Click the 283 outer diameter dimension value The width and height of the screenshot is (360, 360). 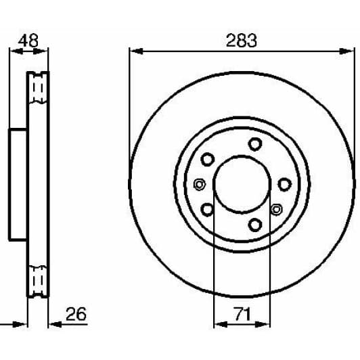[242, 40]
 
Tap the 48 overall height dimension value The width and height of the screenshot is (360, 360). [28, 40]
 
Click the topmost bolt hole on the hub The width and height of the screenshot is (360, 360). [254, 143]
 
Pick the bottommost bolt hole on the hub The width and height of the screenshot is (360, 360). [254, 225]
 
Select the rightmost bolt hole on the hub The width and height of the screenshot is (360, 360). [284, 183]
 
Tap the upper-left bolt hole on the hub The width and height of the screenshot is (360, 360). [208, 160]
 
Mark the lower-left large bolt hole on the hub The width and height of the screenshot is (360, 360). [208, 209]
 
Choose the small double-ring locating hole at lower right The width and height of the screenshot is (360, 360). [276, 209]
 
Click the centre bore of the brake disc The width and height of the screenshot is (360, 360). [242, 183]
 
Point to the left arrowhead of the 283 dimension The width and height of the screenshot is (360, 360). [134, 51]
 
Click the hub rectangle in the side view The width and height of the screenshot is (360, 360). [18, 183]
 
